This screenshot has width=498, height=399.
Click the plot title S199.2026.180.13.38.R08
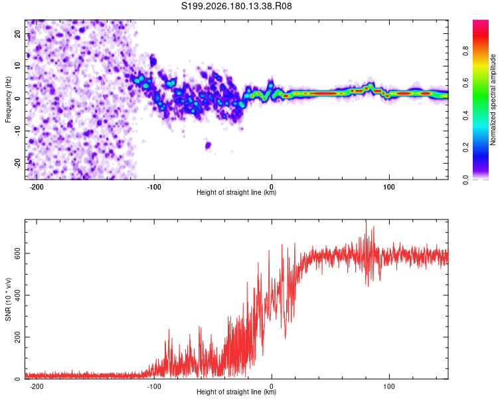pyautogui.click(x=236, y=6)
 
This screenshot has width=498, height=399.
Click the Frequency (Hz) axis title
pyautogui.click(x=8, y=100)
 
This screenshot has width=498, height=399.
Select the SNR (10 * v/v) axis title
pyautogui.click(x=8, y=299)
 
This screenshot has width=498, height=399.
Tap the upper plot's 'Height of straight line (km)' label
pyautogui.click(x=236, y=192)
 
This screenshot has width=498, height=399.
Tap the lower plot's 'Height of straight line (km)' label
pyautogui.click(x=236, y=392)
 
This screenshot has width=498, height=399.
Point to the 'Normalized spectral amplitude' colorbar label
pyautogui.click(x=493, y=100)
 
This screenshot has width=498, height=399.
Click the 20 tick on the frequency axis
pyautogui.click(x=18, y=34)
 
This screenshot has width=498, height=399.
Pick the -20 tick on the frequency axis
pyautogui.click(x=18, y=163)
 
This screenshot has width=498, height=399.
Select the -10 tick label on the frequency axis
pyautogui.click(x=18, y=131)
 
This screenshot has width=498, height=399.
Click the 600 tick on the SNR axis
pyautogui.click(x=18, y=253)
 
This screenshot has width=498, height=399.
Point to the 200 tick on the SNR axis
pyautogui.click(x=18, y=337)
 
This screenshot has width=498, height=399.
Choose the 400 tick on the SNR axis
pyautogui.click(x=18, y=295)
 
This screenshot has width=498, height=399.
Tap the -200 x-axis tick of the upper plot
pyautogui.click(x=37, y=187)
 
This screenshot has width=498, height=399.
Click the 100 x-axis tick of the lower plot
pyautogui.click(x=389, y=386)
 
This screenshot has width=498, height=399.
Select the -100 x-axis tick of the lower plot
pyautogui.click(x=154, y=386)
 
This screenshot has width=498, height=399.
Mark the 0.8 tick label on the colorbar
pyautogui.click(x=465, y=51)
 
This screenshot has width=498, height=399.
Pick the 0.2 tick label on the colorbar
pyautogui.click(x=465, y=148)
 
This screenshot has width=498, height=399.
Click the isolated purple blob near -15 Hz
pyautogui.click(x=208, y=146)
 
